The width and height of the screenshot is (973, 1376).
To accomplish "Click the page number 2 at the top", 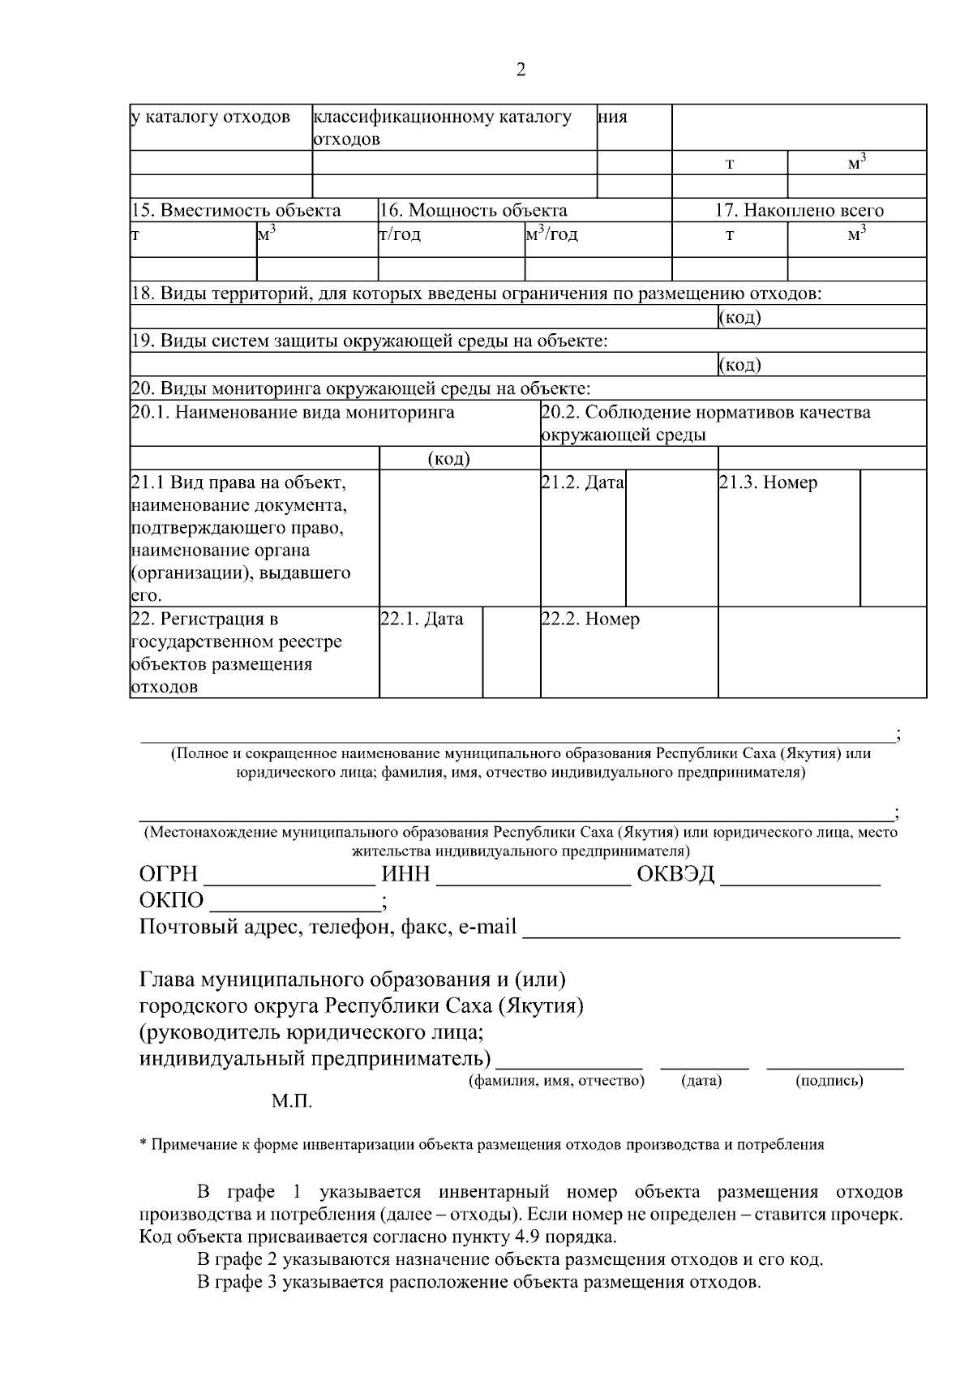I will [x=521, y=70].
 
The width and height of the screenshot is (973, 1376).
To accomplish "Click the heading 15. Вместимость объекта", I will [x=236, y=211].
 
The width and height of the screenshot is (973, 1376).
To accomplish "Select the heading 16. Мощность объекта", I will [x=474, y=211].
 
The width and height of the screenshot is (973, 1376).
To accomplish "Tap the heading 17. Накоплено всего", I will [x=799, y=211].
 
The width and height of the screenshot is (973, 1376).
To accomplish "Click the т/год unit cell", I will [x=400, y=235].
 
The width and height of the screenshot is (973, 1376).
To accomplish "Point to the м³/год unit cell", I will [x=551, y=235].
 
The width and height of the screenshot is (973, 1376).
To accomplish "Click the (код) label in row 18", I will [x=739, y=317].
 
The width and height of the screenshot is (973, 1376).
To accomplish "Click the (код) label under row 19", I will [x=739, y=365].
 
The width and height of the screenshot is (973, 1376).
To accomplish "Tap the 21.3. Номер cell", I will [x=768, y=483].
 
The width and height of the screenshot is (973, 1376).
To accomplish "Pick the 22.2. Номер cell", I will [x=590, y=619].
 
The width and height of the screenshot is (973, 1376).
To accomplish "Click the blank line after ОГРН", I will [x=289, y=877].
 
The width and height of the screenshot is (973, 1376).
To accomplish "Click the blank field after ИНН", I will [x=534, y=877].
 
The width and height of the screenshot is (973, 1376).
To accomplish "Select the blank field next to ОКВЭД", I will [x=800, y=877].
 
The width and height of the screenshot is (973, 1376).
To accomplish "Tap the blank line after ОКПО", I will [x=294, y=903].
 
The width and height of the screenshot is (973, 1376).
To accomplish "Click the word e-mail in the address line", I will [x=487, y=927].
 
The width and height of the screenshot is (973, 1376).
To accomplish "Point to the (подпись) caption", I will [x=829, y=1081].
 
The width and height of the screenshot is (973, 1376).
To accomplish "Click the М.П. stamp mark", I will [x=292, y=1102].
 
